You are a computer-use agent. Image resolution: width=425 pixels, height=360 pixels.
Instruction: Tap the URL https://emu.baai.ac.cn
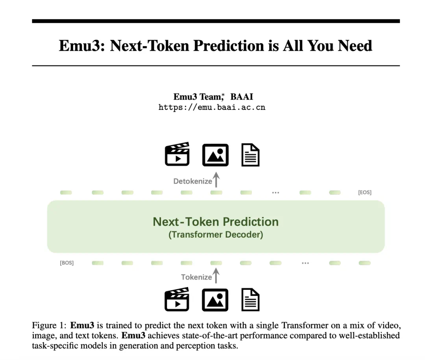tap(212, 108)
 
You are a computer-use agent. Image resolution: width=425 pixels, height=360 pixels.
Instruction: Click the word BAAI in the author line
tap(242, 96)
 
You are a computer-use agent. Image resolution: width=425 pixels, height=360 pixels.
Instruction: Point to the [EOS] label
tap(364, 192)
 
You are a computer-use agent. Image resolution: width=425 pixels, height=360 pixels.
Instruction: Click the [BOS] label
tap(67, 263)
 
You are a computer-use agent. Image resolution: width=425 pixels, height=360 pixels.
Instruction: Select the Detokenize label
tap(193, 181)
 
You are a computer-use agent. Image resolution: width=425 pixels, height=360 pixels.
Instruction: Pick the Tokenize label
tap(196, 277)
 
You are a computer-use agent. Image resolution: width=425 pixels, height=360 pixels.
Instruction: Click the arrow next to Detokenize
tap(216, 180)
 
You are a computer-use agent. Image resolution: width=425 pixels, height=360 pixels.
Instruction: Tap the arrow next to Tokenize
tap(216, 276)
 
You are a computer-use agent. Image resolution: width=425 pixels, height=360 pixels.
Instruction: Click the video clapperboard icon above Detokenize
tap(177, 154)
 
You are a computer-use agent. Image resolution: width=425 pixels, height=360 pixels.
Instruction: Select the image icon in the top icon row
tap(216, 155)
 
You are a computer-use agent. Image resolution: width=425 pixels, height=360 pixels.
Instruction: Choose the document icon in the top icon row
tap(250, 155)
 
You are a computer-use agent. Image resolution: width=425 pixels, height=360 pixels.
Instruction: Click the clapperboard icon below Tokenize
tap(177, 299)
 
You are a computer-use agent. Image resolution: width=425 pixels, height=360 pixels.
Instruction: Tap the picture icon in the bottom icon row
tap(215, 300)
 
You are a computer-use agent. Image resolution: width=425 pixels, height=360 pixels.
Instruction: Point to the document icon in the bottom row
tap(250, 299)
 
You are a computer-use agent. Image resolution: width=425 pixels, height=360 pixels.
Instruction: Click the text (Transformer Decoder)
tap(216, 234)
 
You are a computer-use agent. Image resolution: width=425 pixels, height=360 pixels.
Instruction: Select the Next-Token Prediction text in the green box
tap(216, 222)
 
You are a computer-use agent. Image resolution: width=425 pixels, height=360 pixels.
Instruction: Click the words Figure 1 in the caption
tap(48, 325)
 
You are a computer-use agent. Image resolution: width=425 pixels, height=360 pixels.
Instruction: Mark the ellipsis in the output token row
tap(275, 193)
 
